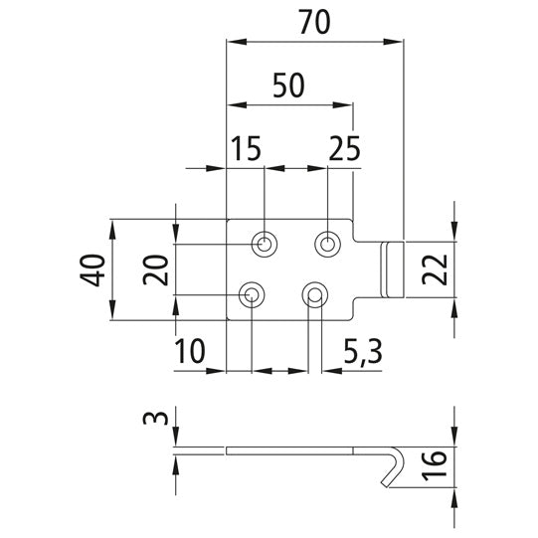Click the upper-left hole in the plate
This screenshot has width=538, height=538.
265,243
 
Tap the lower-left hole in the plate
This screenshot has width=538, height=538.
252,293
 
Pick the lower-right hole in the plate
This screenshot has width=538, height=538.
315,293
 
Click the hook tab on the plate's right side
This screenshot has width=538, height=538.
391,269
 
